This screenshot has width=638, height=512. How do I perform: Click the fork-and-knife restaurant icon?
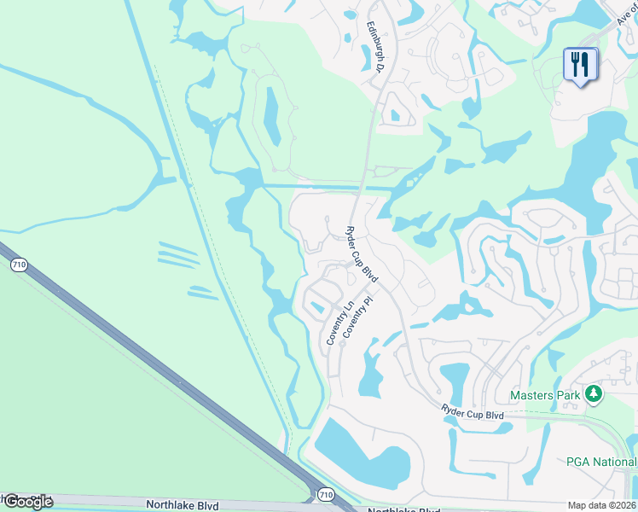point(580,64)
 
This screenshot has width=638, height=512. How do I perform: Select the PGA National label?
point(601,462)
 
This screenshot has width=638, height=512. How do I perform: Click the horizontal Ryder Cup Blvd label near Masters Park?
point(473,412)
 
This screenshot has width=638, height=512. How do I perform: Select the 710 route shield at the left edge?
point(19,265)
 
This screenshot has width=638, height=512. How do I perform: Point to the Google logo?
point(27,502)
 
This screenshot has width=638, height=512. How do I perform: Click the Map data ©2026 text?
point(602,505)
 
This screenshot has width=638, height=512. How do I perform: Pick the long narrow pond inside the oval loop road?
point(271,114)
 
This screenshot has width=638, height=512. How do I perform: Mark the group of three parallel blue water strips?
point(177,253)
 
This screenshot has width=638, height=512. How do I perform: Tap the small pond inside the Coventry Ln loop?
point(317,307)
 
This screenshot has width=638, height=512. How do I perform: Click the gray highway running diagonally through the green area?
point(154,367)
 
